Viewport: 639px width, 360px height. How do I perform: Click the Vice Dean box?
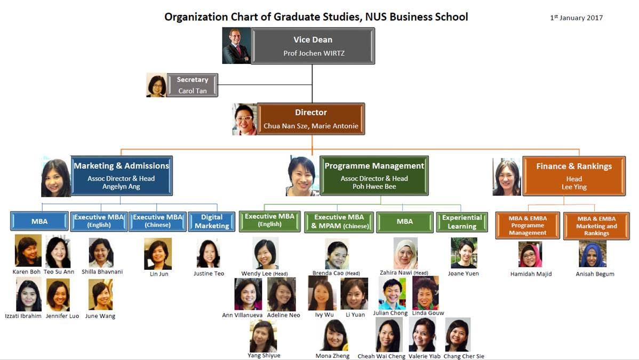313,46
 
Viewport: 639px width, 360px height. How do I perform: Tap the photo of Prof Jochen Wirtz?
236,46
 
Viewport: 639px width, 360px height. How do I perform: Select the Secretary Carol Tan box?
193,85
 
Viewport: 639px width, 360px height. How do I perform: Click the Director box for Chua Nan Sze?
311,119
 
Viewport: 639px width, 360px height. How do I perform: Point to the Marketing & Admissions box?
122,175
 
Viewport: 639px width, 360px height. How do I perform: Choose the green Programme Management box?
374,175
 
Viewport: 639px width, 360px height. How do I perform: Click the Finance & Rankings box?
574,175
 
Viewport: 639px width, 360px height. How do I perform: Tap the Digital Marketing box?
212,221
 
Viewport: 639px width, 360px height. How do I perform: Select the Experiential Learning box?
462,222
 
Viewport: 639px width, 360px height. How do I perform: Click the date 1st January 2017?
576,18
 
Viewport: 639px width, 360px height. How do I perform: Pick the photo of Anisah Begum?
593,254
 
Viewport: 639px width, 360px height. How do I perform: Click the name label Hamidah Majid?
531,274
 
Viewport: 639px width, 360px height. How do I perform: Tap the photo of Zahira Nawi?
405,253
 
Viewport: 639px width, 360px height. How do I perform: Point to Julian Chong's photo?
392,293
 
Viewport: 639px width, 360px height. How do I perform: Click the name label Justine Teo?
209,274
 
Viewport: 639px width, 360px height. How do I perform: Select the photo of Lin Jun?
158,254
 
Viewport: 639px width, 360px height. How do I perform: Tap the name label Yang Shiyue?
263,355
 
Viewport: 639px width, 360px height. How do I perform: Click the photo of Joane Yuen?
464,253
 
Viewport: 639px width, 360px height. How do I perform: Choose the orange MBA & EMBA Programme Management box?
528,226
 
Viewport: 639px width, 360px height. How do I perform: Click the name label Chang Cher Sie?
464,356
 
